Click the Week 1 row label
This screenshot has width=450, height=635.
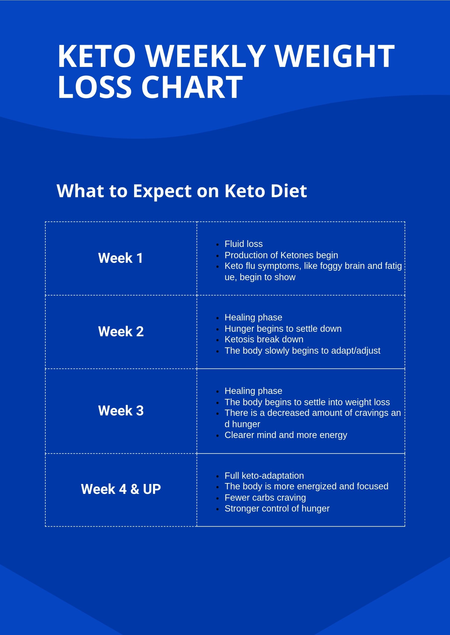click(121, 258)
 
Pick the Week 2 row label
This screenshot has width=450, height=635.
click(121, 331)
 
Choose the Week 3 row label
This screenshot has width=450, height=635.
click(121, 410)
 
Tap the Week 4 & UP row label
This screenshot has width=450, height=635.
click(121, 489)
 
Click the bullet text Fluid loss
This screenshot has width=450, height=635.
click(243, 244)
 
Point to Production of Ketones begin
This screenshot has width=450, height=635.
click(281, 255)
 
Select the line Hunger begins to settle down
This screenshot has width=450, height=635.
click(283, 329)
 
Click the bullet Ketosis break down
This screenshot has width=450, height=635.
click(264, 339)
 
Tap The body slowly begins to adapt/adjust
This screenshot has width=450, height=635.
click(302, 350)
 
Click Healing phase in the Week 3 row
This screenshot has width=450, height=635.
click(253, 391)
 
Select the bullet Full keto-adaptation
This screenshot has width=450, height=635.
click(264, 476)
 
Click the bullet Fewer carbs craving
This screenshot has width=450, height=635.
click(265, 498)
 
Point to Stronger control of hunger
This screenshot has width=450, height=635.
click(277, 508)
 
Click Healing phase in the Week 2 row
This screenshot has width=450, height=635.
click(253, 317)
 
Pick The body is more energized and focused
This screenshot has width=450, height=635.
click(306, 486)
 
